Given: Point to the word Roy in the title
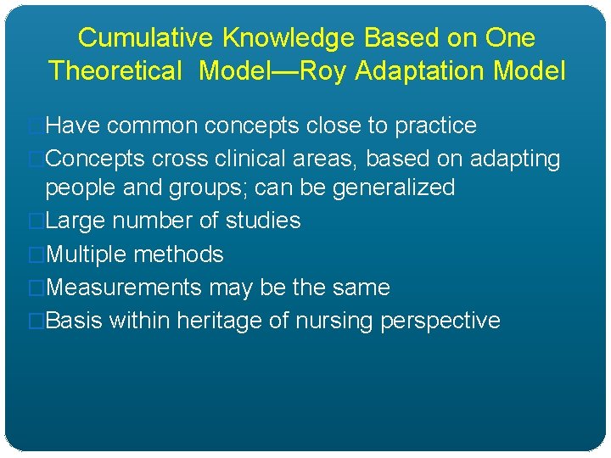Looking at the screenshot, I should [324, 70].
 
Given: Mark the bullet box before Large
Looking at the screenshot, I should [36, 221].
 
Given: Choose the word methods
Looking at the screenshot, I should [181, 254].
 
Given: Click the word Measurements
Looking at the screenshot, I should [122, 288].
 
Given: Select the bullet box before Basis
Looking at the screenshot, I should [36, 321].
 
